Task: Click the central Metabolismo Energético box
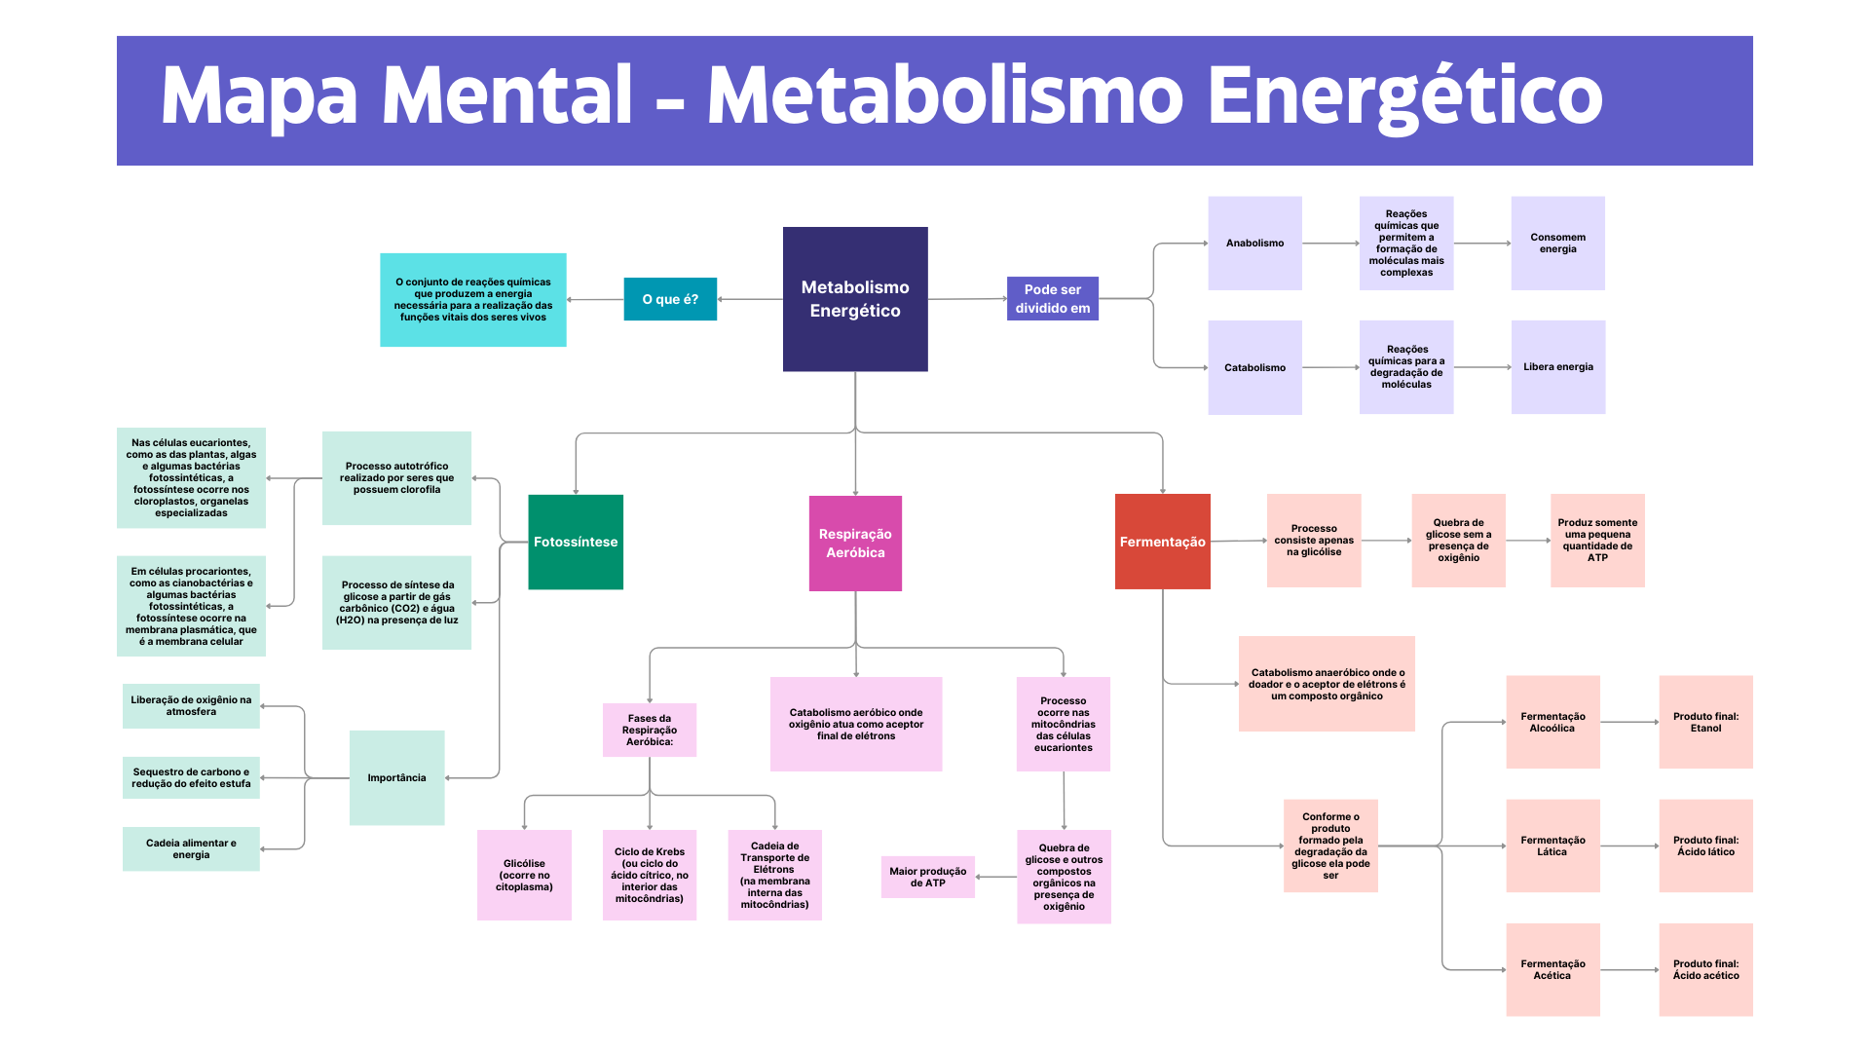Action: [x=855, y=299]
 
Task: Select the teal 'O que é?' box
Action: [x=670, y=299]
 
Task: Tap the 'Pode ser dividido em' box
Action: [x=1053, y=298]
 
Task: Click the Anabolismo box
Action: [x=1254, y=244]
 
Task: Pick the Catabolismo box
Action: [x=1254, y=367]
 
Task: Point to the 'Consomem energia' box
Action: [x=1557, y=244]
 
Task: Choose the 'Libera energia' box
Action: [x=1557, y=367]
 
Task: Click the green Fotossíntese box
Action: [x=576, y=542]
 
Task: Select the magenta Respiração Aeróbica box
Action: [x=855, y=543]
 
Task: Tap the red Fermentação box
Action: [x=1162, y=542]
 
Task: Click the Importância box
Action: [x=396, y=777]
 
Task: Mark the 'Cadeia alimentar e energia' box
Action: [x=191, y=848]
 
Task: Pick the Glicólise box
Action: [x=524, y=875]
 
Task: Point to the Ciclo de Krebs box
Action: [x=650, y=875]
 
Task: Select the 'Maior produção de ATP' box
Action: [x=927, y=877]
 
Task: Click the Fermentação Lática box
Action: [x=1552, y=845]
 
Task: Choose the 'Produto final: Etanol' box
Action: [x=1705, y=722]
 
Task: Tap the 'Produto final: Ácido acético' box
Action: [x=1705, y=969]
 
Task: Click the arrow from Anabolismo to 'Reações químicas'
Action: [x=1330, y=244]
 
